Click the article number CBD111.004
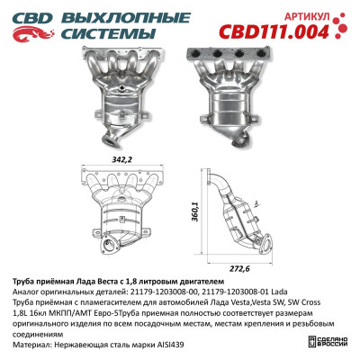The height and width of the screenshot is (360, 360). coord(296,31)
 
